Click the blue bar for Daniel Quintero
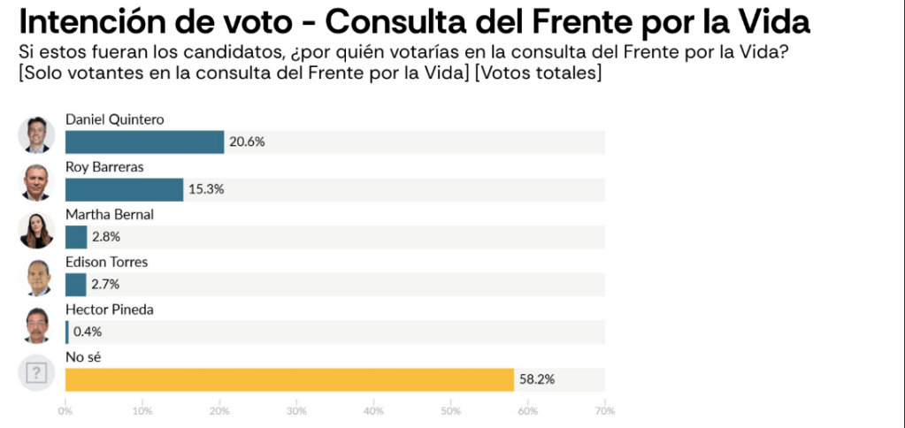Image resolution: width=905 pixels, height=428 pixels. pos(144,141)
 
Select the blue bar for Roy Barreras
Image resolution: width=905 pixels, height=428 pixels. pos(124,189)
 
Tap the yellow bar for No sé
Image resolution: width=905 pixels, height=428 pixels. pos(289,379)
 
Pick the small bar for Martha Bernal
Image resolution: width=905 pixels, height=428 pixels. pos(76,237)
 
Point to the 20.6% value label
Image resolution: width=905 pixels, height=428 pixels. pos(248,141)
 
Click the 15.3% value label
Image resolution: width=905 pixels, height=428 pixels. pos(206,189)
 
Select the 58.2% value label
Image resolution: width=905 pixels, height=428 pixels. pos(537,379)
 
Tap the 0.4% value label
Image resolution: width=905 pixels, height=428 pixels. pos(88,332)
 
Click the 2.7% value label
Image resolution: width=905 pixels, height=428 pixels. pos(104,285)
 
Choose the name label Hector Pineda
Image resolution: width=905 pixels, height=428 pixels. pos(110,310)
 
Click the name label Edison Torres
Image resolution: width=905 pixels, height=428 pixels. pos(106,262)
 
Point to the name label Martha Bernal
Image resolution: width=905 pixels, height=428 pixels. pos(110,214)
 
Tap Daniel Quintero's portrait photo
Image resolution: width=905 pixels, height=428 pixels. pos(36,134)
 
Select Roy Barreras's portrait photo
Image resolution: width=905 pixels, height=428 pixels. pos(36,182)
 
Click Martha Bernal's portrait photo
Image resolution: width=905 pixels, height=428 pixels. pos(36,230)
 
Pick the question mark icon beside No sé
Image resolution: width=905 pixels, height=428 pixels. pos(36,372)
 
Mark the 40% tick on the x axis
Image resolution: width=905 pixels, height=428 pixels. pos(373,410)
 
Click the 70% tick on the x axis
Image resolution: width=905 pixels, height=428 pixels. pos(605,410)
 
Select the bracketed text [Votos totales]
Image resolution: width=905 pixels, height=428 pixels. pos(538,73)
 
